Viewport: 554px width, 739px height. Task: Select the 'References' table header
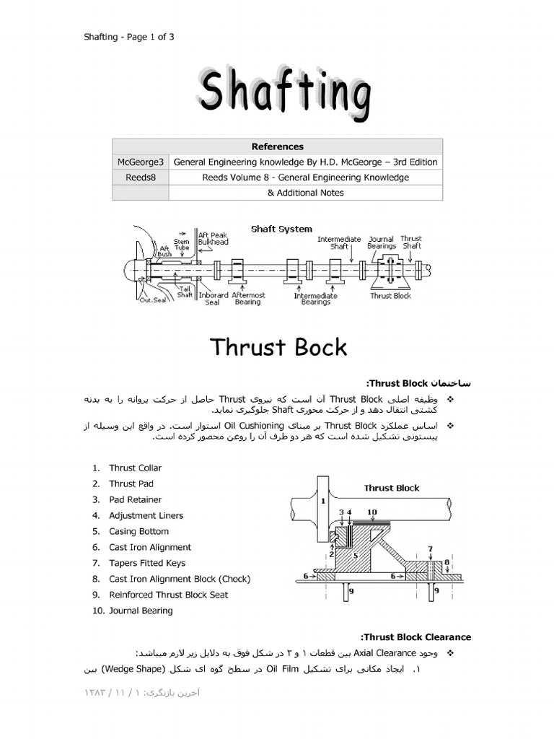pyautogui.click(x=277, y=147)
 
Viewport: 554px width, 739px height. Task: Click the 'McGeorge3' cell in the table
pyautogui.click(x=141, y=162)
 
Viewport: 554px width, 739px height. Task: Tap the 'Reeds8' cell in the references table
pyautogui.click(x=141, y=178)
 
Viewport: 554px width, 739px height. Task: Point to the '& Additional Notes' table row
pyautogui.click(x=305, y=193)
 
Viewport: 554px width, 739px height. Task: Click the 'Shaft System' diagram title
pyautogui.click(x=281, y=229)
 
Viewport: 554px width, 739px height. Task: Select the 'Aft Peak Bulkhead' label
pyautogui.click(x=214, y=238)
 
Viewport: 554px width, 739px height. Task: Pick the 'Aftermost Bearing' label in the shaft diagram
pyautogui.click(x=247, y=298)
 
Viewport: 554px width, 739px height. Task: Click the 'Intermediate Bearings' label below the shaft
pyautogui.click(x=315, y=299)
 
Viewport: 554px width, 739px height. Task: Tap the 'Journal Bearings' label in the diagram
pyautogui.click(x=382, y=242)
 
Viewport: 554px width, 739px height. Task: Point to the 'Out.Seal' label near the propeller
pyautogui.click(x=152, y=300)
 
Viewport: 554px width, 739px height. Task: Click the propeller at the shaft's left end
pyautogui.click(x=137, y=267)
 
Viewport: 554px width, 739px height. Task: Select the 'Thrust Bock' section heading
pyautogui.click(x=278, y=347)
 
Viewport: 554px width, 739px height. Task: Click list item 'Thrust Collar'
pyautogui.click(x=135, y=468)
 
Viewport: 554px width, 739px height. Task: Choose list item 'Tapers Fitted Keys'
pyautogui.click(x=146, y=563)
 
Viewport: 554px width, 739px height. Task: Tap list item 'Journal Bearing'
pyautogui.click(x=141, y=611)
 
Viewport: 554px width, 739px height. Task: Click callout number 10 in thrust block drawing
pyautogui.click(x=371, y=512)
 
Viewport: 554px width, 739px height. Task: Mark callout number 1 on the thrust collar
pyautogui.click(x=323, y=500)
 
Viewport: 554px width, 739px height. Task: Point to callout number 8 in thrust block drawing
pyautogui.click(x=447, y=562)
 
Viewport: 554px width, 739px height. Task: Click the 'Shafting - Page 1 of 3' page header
pyautogui.click(x=129, y=38)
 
